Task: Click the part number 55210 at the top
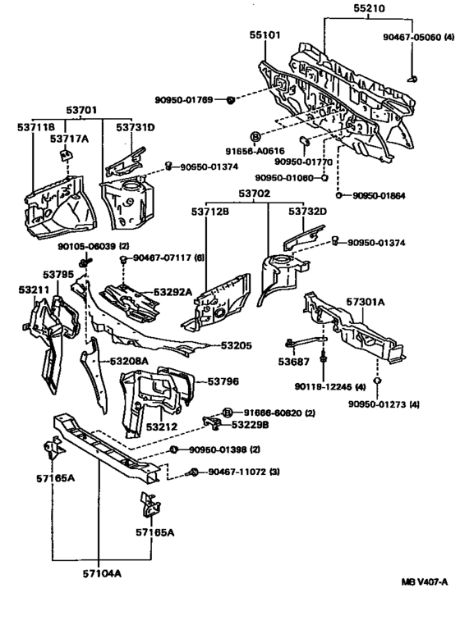(369, 8)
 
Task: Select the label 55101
(264, 35)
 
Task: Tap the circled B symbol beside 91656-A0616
(255, 137)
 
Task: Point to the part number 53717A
(69, 139)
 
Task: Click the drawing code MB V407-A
(425, 582)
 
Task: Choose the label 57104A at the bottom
(102, 573)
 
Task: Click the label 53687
(293, 361)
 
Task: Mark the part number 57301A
(366, 302)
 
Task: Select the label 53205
(237, 345)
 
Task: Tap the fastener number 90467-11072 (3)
(244, 472)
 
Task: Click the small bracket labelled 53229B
(212, 422)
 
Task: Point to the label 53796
(223, 381)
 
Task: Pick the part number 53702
(255, 194)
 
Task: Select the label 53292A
(172, 291)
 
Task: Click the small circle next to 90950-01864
(338, 196)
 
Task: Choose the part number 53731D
(136, 127)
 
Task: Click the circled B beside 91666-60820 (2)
(228, 413)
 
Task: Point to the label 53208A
(129, 361)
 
